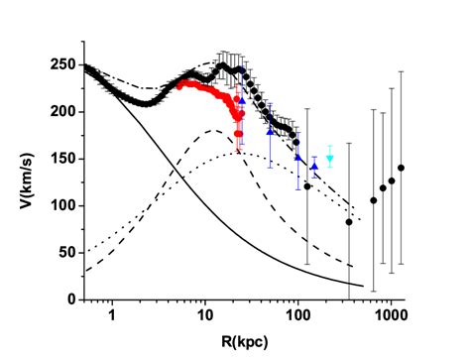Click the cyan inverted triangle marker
[x=330, y=159]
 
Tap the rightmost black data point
[x=402, y=168]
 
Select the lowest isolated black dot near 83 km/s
[x=349, y=222]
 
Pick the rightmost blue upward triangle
[x=314, y=167]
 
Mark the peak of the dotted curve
[x=238, y=153]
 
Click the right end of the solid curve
[x=363, y=286]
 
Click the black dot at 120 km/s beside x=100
[x=307, y=186]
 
